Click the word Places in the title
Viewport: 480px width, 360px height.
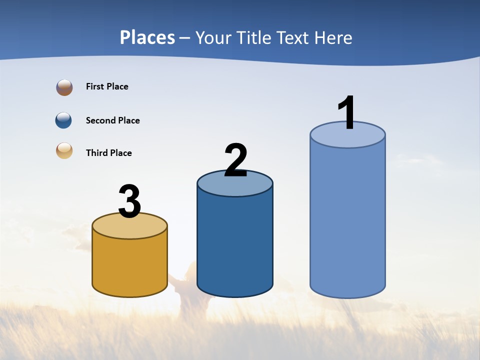pos(147,37)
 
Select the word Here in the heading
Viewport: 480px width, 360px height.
pos(333,37)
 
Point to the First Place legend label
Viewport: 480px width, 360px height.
pos(107,86)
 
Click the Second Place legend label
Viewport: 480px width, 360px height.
pos(112,120)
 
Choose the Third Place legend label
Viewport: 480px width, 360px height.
pos(108,153)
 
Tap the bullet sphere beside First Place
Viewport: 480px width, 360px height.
pos(64,87)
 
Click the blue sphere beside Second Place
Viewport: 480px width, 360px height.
pos(64,120)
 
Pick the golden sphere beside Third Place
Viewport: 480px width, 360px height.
pos(64,150)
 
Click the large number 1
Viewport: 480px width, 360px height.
pos(346,112)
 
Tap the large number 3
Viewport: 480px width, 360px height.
pos(129,201)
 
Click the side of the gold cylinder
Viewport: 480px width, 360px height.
pos(129,265)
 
